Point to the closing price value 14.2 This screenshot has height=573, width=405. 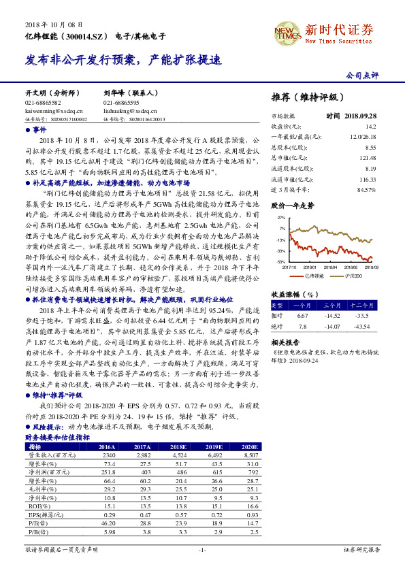pos(371,127)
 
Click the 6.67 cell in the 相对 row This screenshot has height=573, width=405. pos(304,315)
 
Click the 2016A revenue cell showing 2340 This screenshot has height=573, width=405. pos(109,455)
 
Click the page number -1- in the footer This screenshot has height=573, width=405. pos(202,549)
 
